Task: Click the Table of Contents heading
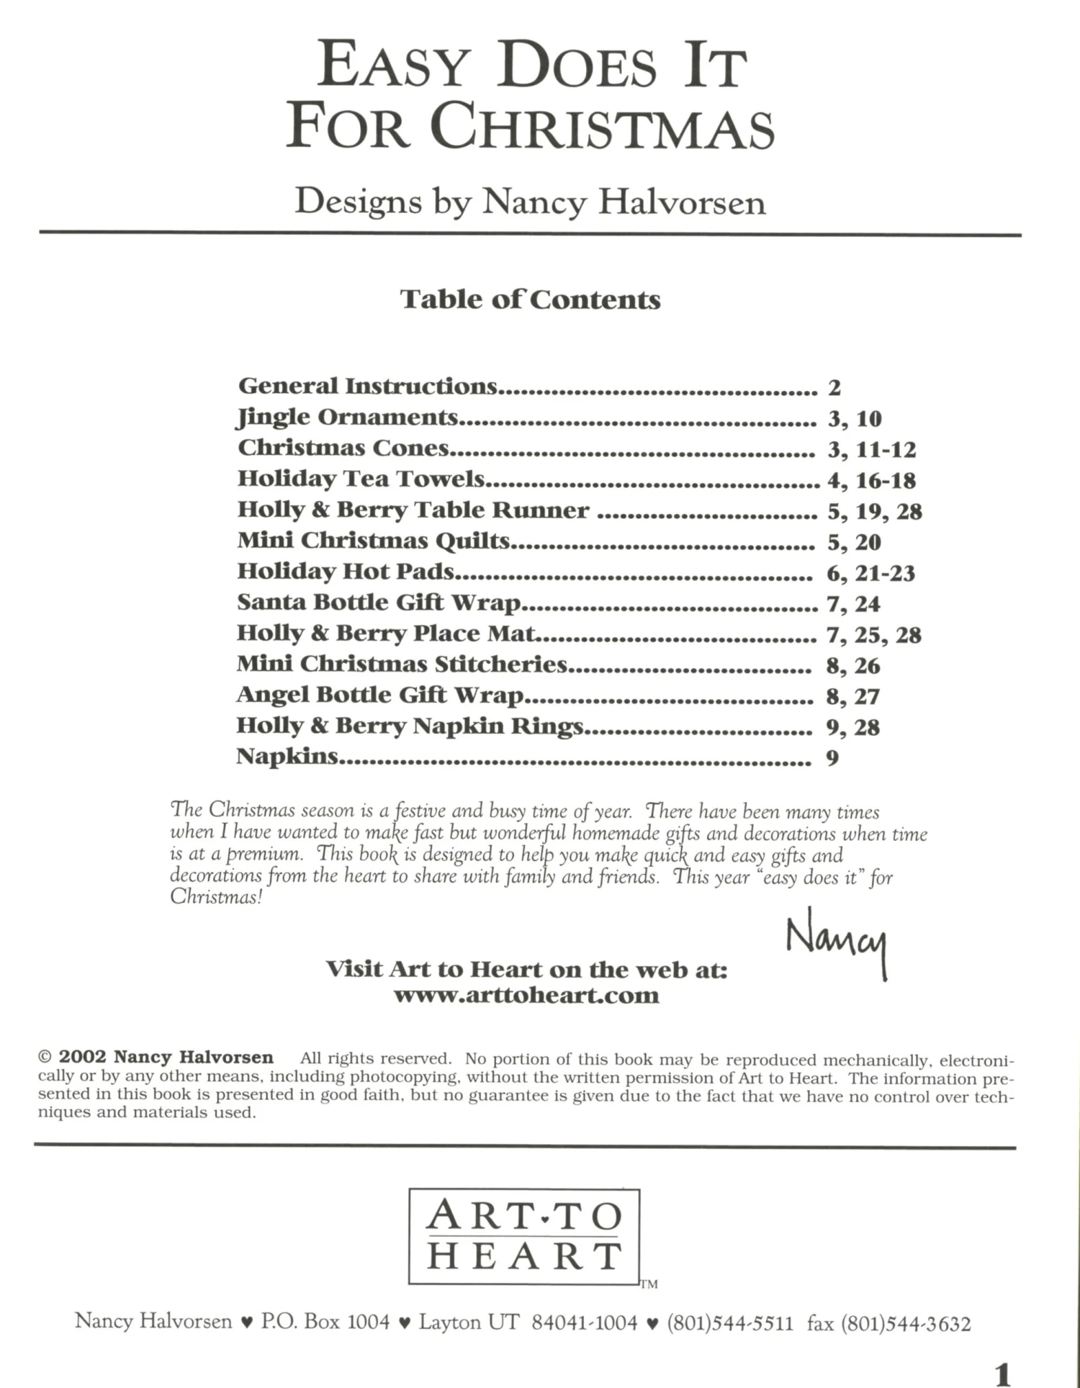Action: click(x=530, y=299)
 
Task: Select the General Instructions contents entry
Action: click(x=367, y=387)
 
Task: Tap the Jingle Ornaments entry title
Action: click(x=348, y=418)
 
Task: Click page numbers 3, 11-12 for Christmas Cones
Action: click(x=871, y=450)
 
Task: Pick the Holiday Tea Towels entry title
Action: click(x=361, y=479)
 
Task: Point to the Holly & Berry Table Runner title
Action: click(x=413, y=510)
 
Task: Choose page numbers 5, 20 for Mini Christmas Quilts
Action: click(x=854, y=542)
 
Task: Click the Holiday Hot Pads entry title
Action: click(x=346, y=572)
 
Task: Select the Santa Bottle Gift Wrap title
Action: click(x=379, y=603)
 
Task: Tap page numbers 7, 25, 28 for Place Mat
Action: click(x=874, y=635)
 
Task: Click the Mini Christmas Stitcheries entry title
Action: click(x=402, y=664)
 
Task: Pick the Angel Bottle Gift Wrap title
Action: click(x=379, y=695)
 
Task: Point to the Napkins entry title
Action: click(x=287, y=757)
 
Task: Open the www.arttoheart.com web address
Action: click(x=526, y=996)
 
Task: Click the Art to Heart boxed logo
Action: click(x=524, y=1236)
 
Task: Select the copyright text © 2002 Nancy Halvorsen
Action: click(x=156, y=1058)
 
